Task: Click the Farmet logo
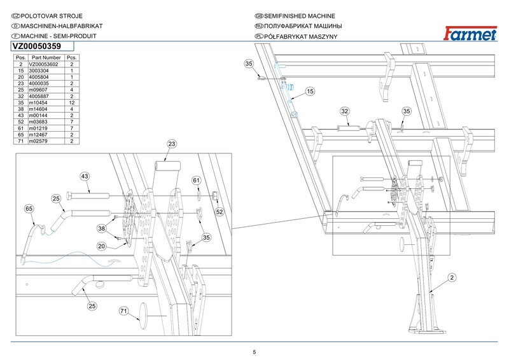pyautogui.click(x=470, y=34)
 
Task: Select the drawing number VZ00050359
pyautogui.click(x=37, y=46)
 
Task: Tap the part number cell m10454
pyautogui.click(x=46, y=102)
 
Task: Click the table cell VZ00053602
pyautogui.click(x=46, y=64)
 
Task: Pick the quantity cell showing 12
pyautogui.click(x=72, y=102)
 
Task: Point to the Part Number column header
pyautogui.click(x=46, y=57)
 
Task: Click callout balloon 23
pyautogui.click(x=172, y=144)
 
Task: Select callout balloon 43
pyautogui.click(x=85, y=176)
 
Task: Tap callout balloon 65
pyautogui.click(x=29, y=209)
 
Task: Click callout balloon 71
pyautogui.click(x=123, y=311)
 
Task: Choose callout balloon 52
pyautogui.click(x=220, y=212)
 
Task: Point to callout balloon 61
pyautogui.click(x=197, y=180)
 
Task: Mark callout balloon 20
pyautogui.click(x=102, y=246)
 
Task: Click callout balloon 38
pyautogui.click(x=102, y=228)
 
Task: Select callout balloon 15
pyautogui.click(x=310, y=91)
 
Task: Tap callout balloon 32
pyautogui.click(x=344, y=111)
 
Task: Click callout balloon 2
pyautogui.click(x=452, y=277)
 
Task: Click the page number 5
pyautogui.click(x=254, y=352)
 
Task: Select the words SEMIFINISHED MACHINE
pyautogui.click(x=299, y=16)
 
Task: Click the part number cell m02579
pyautogui.click(x=46, y=141)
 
